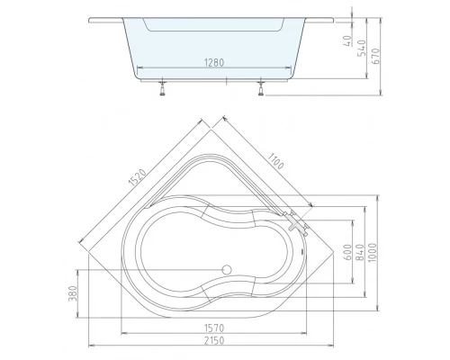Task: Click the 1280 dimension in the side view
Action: pos(214,63)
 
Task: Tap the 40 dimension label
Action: pos(347,40)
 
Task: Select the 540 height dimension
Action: pos(362,48)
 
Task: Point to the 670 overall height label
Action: pos(375,56)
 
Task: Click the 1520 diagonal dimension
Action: pos(138,177)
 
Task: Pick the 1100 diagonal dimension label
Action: pos(275,161)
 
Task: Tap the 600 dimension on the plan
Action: pos(347,252)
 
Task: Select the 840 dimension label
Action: pos(360,252)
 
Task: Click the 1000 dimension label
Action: pos(372,252)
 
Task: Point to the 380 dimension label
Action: pos(73,293)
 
